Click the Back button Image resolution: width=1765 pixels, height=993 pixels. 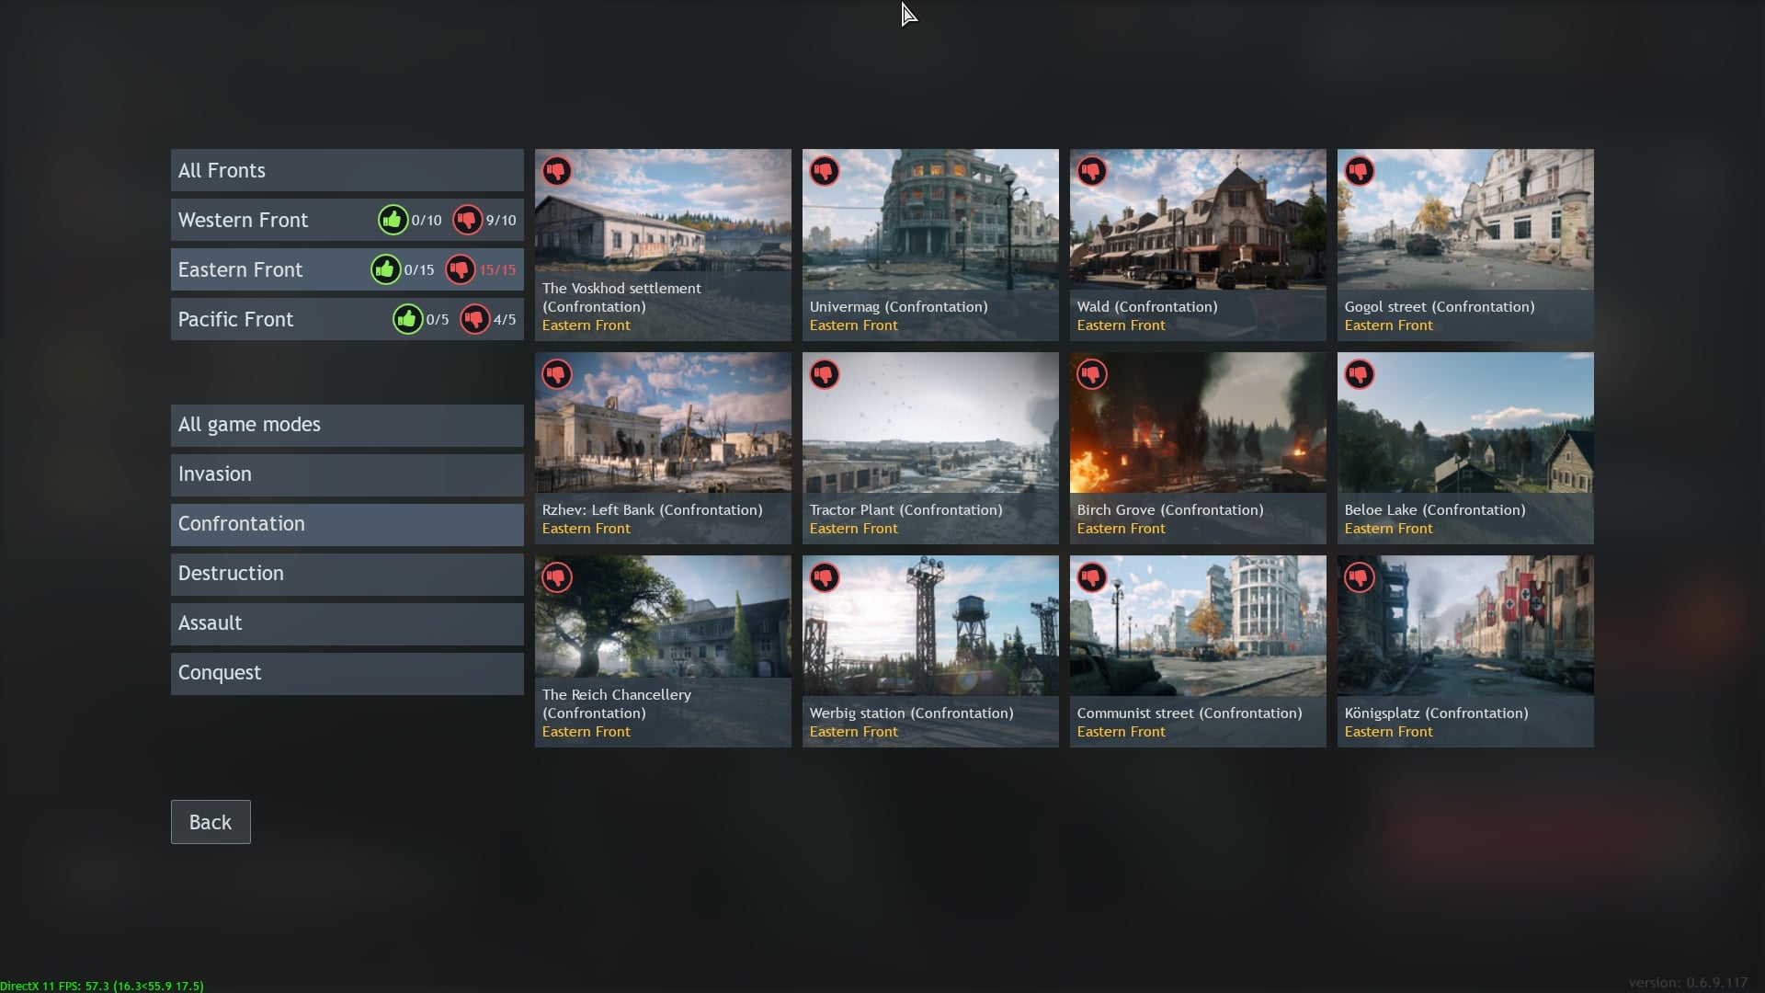[x=211, y=822]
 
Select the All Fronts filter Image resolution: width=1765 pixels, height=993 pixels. [x=347, y=170]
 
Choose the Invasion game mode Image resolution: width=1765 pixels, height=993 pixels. [x=347, y=474]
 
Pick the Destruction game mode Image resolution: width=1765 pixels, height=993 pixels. [x=347, y=574]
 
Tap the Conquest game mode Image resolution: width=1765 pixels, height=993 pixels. [x=347, y=673]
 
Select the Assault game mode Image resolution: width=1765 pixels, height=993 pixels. [x=347, y=623]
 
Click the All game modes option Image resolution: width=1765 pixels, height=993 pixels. [x=347, y=425]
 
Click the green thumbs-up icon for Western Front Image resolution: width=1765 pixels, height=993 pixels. [x=393, y=220]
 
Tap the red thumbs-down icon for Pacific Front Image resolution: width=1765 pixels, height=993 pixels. [x=474, y=319]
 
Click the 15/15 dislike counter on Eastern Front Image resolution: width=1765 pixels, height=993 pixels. [x=497, y=270]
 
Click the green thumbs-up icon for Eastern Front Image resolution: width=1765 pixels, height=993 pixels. [x=385, y=269]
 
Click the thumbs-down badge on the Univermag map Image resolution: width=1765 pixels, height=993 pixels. [x=824, y=171]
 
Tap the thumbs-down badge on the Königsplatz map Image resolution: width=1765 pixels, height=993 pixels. [x=1359, y=577]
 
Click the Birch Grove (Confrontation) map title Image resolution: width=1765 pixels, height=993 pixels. [x=1169, y=510]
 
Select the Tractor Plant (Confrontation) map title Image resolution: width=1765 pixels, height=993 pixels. [x=905, y=510]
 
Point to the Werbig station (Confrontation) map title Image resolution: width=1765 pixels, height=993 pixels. [x=911, y=713]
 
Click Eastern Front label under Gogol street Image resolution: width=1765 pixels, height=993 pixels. [x=1388, y=325]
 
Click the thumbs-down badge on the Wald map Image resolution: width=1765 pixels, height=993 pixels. [x=1091, y=171]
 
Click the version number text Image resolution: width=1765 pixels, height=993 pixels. [x=1688, y=983]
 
